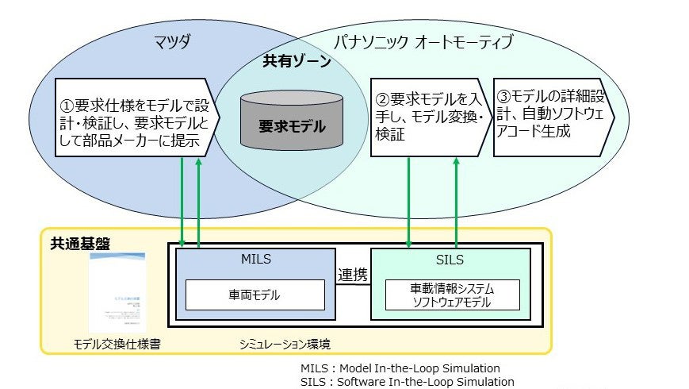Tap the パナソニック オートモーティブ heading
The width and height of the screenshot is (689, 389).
(424, 40)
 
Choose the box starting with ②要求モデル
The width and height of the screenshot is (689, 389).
(429, 117)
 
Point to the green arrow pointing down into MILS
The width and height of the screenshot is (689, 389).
(183, 202)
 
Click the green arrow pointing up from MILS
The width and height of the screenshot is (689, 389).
(198, 202)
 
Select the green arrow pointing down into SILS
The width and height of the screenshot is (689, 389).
(409, 202)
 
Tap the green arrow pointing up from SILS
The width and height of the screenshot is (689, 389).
(457, 202)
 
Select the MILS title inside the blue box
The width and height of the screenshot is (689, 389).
(255, 260)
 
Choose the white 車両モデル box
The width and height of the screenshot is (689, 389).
(255, 295)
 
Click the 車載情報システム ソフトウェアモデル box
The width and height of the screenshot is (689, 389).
(453, 295)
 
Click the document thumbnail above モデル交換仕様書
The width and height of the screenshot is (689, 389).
(117, 291)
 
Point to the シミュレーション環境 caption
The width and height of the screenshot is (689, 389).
(285, 344)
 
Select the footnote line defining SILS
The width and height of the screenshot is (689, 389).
(408, 381)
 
